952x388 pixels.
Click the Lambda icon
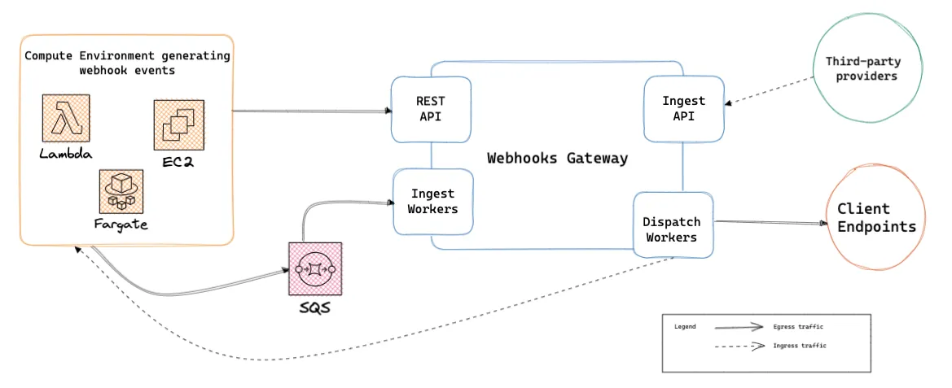click(66, 118)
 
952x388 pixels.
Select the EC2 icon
click(178, 125)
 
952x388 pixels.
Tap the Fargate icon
click(121, 191)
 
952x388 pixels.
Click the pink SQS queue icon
click(314, 268)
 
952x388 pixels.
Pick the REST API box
click(431, 110)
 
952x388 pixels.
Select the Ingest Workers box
click(433, 202)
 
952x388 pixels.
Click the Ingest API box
click(683, 108)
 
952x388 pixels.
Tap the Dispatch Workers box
click(673, 225)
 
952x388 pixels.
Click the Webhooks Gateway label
click(557, 159)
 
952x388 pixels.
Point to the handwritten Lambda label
click(66, 154)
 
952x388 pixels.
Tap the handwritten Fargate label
click(121, 225)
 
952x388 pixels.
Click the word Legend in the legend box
click(686, 327)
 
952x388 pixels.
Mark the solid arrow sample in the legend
click(739, 327)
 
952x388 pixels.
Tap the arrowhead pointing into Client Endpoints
click(823, 223)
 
